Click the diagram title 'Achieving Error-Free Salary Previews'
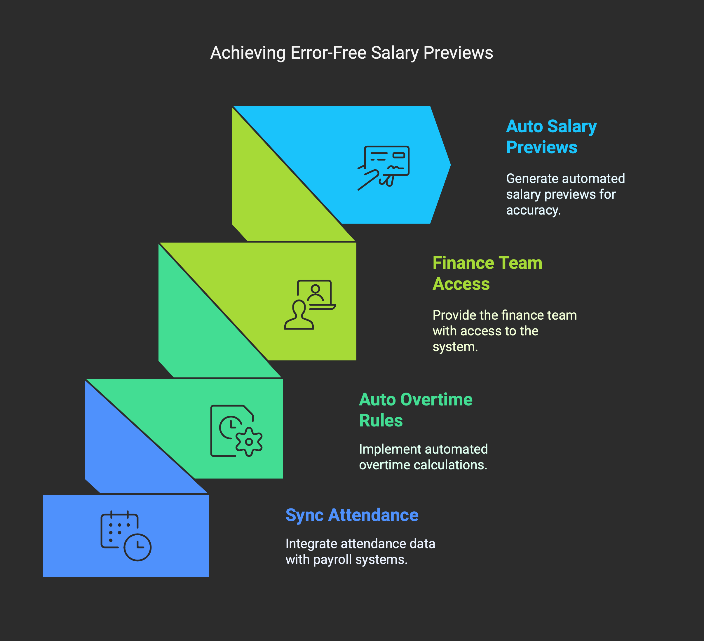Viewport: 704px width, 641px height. coord(352,53)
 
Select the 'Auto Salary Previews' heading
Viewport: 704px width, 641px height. coord(551,137)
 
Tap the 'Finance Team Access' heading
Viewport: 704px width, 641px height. coord(487,273)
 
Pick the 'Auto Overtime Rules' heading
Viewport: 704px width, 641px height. coord(416,410)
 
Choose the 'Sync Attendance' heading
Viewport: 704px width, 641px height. coord(352,515)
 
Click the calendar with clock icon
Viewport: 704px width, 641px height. coord(126,536)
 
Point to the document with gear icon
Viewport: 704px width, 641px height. coord(236,431)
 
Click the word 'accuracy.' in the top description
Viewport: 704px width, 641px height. coord(533,210)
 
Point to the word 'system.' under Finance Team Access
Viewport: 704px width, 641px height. coord(455,347)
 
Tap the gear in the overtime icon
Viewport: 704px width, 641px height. coord(249,442)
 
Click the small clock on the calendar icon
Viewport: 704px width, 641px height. coord(137,547)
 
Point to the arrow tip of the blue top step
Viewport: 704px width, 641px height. coord(450,165)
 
